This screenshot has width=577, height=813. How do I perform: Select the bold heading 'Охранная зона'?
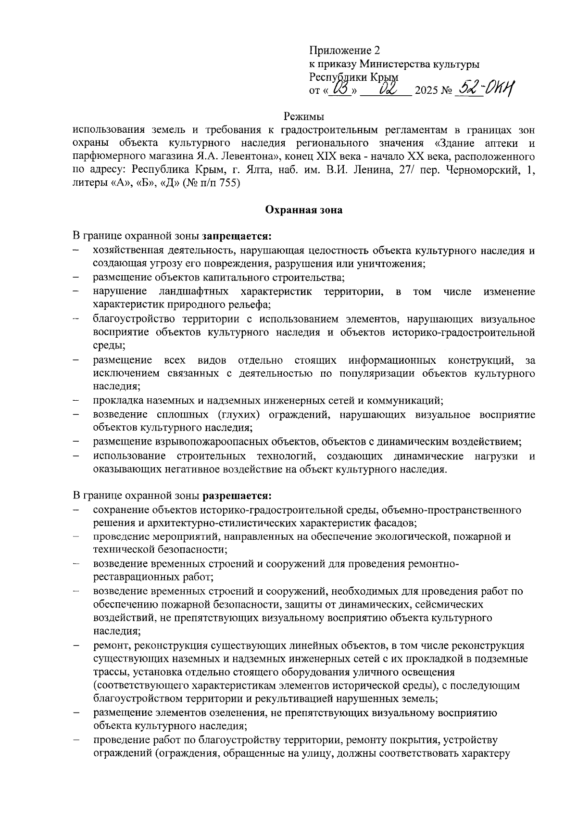tap(303, 210)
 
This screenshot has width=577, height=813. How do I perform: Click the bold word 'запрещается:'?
tap(237, 237)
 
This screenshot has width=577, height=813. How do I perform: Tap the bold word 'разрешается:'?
tap(237, 495)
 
